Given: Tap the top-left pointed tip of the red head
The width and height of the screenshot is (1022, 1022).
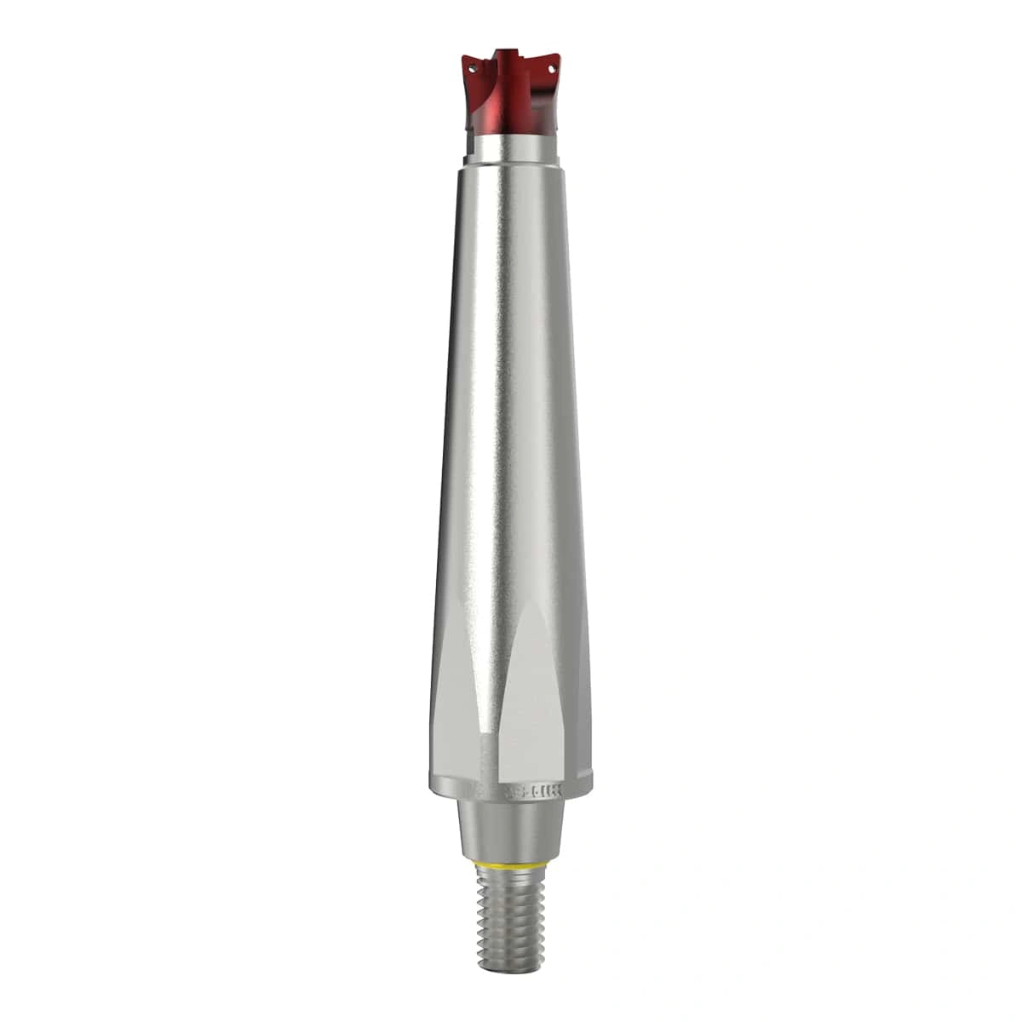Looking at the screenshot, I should [x=462, y=55].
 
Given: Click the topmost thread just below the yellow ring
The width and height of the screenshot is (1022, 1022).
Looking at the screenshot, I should [x=509, y=878].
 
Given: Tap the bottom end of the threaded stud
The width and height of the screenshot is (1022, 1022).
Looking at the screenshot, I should [x=509, y=968].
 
